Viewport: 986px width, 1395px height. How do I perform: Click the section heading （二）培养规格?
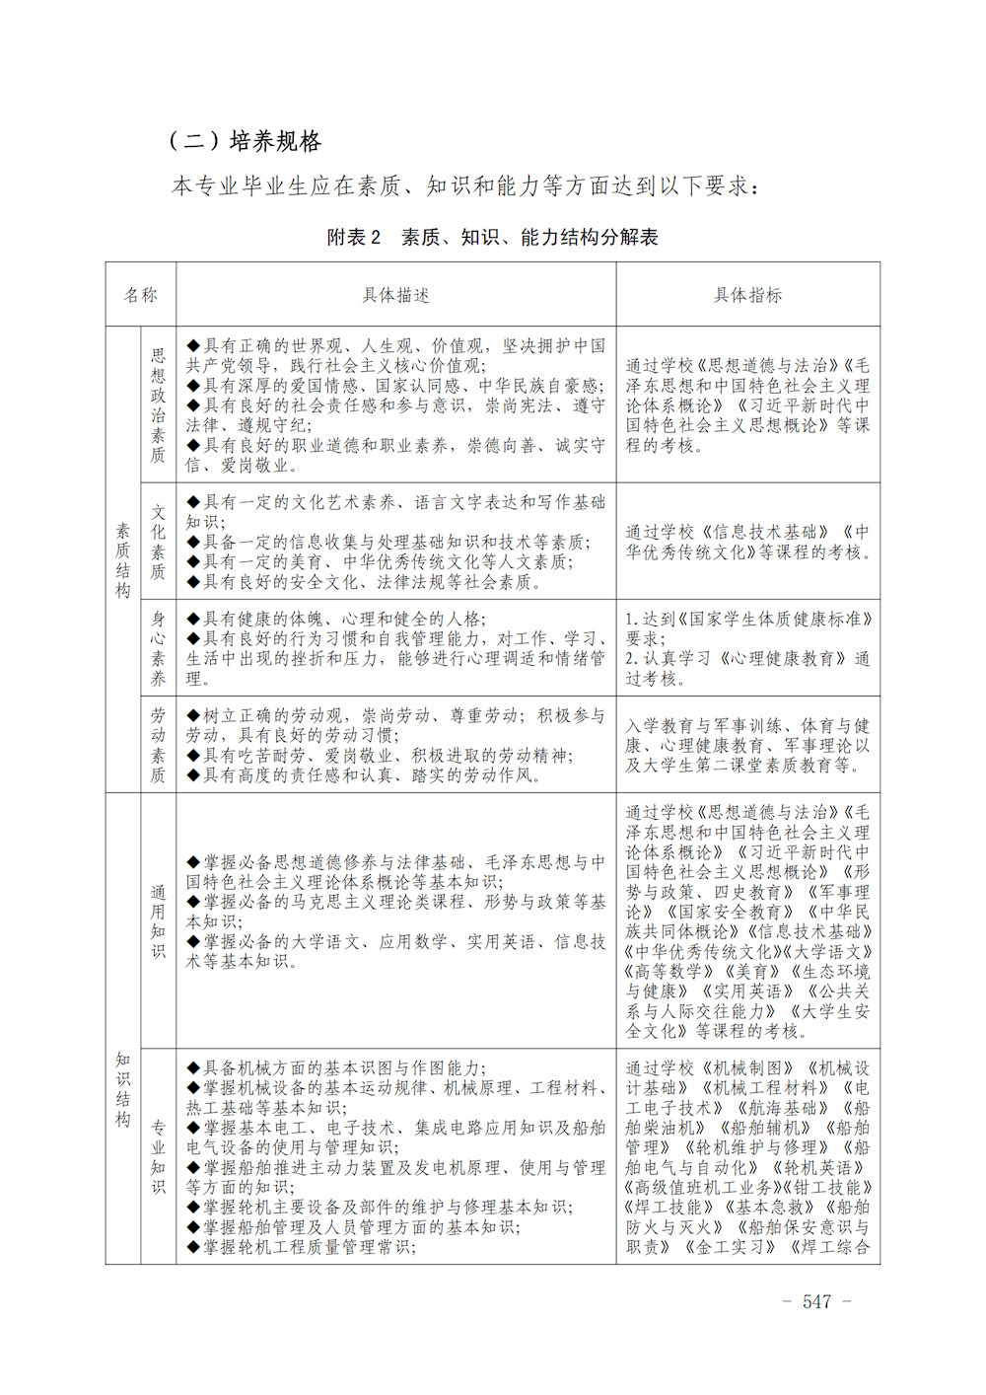[246, 141]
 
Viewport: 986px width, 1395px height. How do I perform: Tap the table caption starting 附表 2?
[492, 237]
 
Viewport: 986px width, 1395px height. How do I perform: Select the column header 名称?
[140, 295]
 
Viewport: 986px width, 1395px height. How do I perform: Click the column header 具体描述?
[395, 295]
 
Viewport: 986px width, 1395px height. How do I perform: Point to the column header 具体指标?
[747, 295]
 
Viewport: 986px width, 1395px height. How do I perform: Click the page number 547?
[816, 1301]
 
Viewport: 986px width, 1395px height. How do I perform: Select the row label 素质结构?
[123, 559]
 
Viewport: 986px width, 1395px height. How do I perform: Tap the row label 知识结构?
[123, 1089]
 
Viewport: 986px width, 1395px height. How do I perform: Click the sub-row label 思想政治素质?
[158, 404]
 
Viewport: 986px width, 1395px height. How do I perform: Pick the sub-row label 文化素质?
[158, 542]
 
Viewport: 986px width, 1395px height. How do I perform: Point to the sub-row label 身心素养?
[158, 648]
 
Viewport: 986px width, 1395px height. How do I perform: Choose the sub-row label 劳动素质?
[158, 745]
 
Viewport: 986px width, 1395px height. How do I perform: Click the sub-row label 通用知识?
[158, 921]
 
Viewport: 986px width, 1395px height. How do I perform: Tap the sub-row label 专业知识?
[158, 1156]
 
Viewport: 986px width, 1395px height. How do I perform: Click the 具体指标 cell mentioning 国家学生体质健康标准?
[747, 648]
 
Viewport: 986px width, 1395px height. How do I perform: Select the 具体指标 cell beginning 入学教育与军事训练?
[747, 745]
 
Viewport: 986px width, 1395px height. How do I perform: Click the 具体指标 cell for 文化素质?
[747, 542]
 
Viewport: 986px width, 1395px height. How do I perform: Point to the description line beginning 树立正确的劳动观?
[394, 715]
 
